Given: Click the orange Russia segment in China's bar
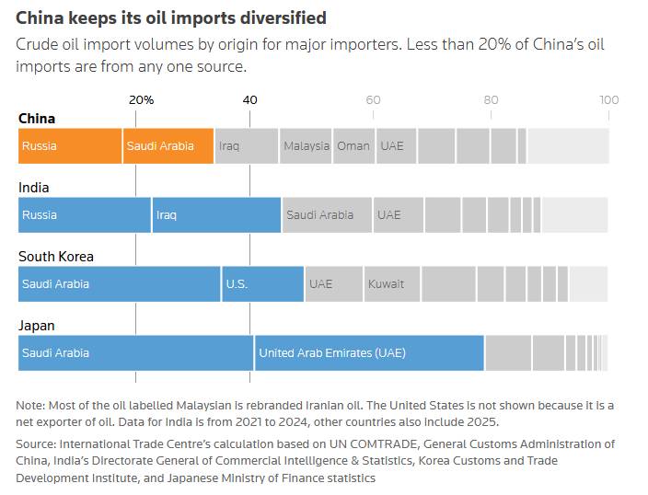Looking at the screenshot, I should coord(70,146).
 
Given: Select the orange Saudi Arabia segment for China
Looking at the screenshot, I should coord(168,146).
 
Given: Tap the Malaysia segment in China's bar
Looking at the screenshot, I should coord(306,146).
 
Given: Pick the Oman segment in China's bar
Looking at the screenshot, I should coord(353,146).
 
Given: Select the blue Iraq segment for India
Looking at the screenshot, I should coord(216,215).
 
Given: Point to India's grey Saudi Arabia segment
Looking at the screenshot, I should coord(327,215).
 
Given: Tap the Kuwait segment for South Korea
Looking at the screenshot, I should coord(392,284).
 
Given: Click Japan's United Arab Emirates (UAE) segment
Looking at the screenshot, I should coord(369,353).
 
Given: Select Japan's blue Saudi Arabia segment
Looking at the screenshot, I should coord(136,353).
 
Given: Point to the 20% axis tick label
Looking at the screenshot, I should coord(141,99).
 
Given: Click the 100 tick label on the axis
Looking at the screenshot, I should coord(608,99).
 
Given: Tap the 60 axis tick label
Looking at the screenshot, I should coord(372,99).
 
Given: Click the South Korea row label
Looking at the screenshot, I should coord(56,257).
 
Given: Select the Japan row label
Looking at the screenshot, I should coord(37,326).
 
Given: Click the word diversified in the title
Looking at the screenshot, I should coord(281,17).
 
